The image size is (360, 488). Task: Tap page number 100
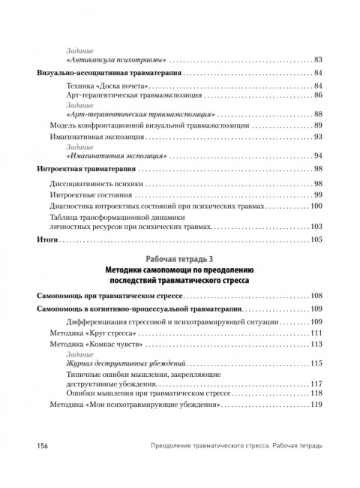(316, 206)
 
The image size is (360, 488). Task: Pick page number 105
(316, 239)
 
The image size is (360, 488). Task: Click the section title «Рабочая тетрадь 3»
(179, 259)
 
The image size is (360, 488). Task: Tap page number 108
(316, 296)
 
